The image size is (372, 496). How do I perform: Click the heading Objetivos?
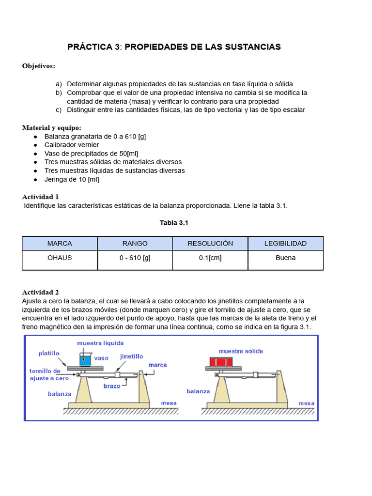pyautogui.click(x=39, y=66)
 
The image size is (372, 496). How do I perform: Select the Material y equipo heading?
pyautogui.click(x=52, y=128)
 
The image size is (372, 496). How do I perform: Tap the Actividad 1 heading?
pyautogui.click(x=40, y=197)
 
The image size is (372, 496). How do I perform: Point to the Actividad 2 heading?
pyautogui.click(x=40, y=292)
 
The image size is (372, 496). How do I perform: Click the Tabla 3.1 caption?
pyautogui.click(x=173, y=223)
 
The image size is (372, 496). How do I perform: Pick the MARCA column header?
pyautogui.click(x=60, y=243)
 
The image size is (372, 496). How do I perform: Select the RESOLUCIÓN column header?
pyautogui.click(x=210, y=243)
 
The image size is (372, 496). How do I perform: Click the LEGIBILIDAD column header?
pyautogui.click(x=285, y=243)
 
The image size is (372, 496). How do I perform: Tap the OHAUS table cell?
pyautogui.click(x=60, y=258)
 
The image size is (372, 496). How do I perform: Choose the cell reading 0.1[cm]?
pyautogui.click(x=210, y=258)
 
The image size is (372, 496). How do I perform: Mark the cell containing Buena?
pyautogui.click(x=285, y=258)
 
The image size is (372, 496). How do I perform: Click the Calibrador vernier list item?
pyautogui.click(x=72, y=145)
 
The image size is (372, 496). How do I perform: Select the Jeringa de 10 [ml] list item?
pyautogui.click(x=72, y=179)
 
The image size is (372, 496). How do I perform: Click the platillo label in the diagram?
pyautogui.click(x=49, y=354)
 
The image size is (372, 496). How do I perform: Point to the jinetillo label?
pyautogui.click(x=131, y=356)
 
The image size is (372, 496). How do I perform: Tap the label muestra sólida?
pyautogui.click(x=241, y=351)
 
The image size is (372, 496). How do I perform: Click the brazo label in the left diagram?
pyautogui.click(x=111, y=386)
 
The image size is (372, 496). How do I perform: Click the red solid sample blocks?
pyautogui.click(x=221, y=361)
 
